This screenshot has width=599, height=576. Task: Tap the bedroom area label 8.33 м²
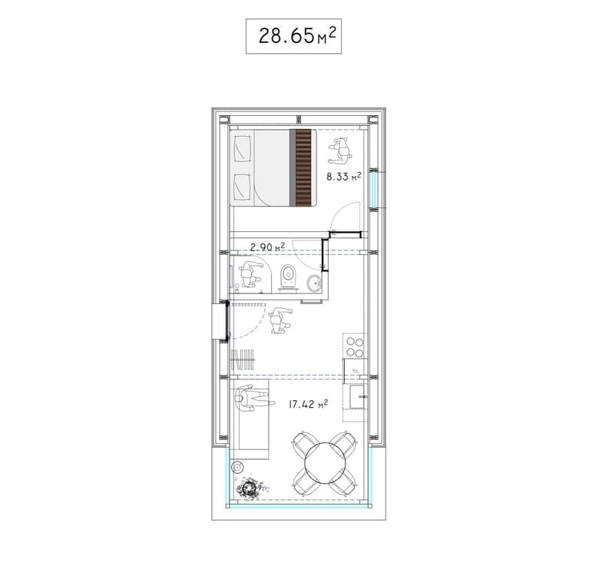tap(343, 177)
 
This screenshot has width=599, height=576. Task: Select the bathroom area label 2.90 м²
tap(267, 247)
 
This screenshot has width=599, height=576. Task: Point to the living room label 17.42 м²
tap(308, 404)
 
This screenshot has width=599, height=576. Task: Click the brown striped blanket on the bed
tap(303, 167)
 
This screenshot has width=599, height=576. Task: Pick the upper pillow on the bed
tap(242, 147)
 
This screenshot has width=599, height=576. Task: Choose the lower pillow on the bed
tap(242, 187)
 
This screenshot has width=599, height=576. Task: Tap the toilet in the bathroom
tap(288, 278)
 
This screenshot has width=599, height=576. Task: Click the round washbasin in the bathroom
tap(315, 283)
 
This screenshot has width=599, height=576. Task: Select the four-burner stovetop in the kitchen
tap(355, 346)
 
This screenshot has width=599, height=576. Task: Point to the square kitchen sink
tap(359, 396)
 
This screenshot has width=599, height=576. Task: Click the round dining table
tap(325, 462)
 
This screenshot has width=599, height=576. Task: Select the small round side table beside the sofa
tap(237, 467)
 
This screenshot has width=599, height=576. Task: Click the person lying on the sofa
tap(254, 398)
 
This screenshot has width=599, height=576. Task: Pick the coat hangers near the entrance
tap(243, 359)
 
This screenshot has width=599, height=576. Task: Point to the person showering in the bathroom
tap(250, 274)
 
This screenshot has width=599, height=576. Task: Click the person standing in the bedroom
tap(340, 151)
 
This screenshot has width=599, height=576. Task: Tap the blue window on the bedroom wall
tap(374, 189)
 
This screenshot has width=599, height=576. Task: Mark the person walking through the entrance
tap(280, 320)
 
